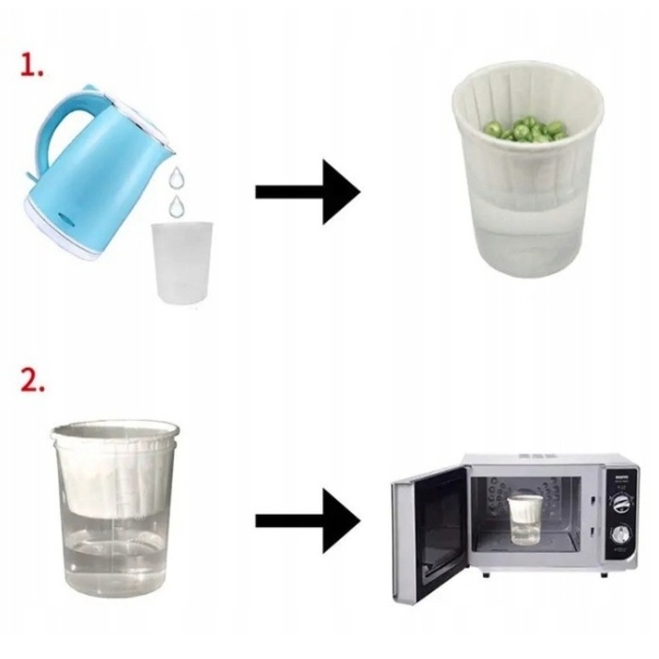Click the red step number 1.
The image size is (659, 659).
coord(31,66)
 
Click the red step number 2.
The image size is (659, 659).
coord(32,380)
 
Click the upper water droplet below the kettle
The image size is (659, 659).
coord(177,178)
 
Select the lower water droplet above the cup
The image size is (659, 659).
coord(177,205)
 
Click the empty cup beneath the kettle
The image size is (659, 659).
coord(182,263)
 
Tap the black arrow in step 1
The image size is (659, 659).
coord(308,192)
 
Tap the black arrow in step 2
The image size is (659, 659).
coord(308,521)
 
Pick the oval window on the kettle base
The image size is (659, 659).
coord(66,217)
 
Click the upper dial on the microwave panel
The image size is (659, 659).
coord(620,504)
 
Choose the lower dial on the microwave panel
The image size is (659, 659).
coord(619,536)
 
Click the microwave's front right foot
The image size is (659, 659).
coord(604,575)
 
